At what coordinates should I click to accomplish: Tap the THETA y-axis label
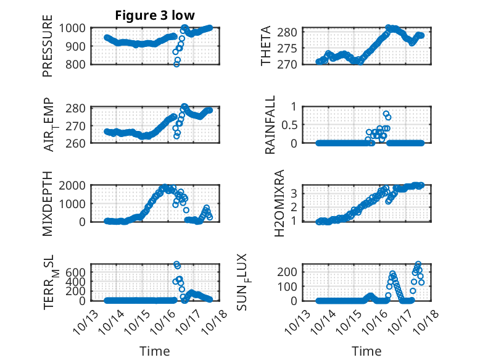(x=266, y=46)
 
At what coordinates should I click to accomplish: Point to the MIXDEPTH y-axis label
(x=48, y=204)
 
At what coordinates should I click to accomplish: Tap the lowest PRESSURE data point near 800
(x=176, y=64)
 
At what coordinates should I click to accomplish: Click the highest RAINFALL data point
(x=386, y=114)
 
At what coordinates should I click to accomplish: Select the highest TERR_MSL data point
(x=177, y=264)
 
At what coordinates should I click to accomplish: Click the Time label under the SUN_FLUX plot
(x=366, y=351)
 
